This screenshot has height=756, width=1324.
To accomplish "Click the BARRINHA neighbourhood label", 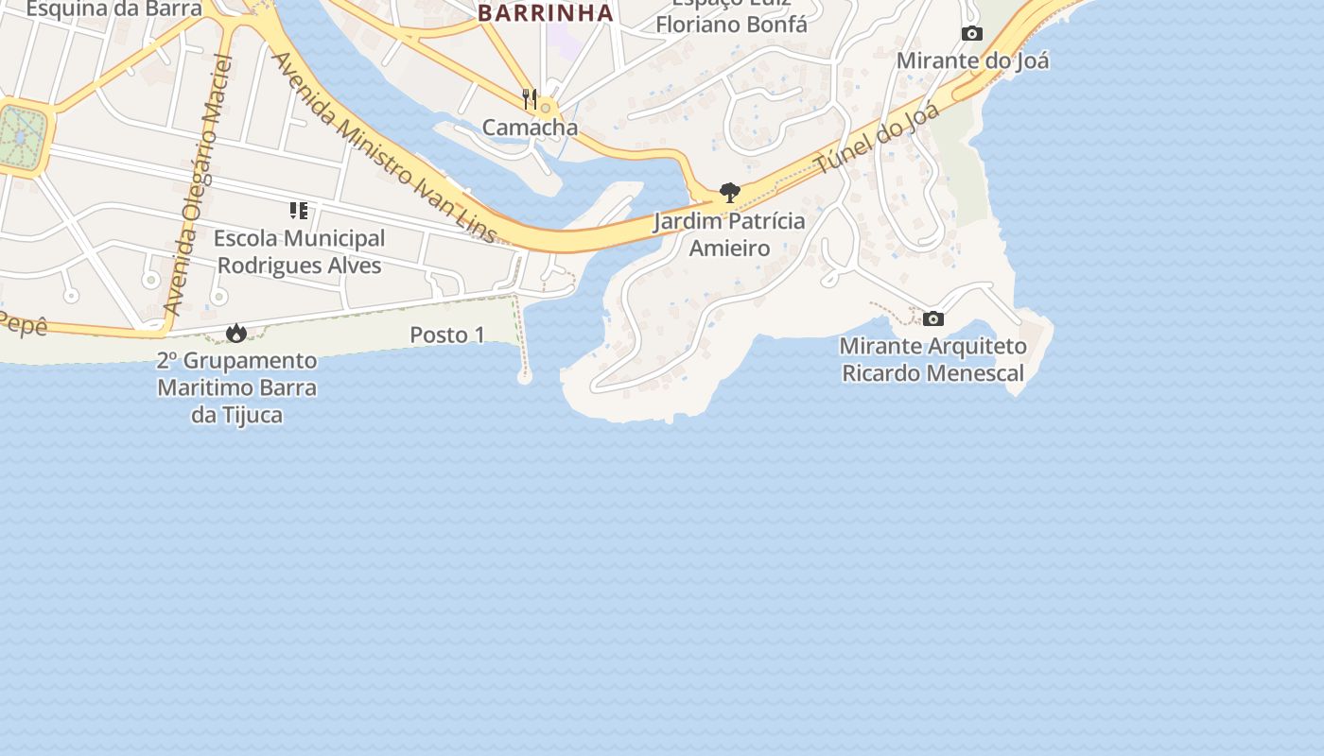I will click(x=546, y=13).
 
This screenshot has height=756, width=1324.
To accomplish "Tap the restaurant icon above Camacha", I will click(x=530, y=98).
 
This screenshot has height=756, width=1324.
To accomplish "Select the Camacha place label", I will click(x=530, y=127).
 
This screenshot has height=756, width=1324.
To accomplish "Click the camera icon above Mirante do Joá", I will click(x=971, y=34).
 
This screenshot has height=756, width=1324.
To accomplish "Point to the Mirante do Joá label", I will click(x=972, y=60).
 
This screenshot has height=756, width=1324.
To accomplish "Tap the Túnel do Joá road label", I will click(x=878, y=139).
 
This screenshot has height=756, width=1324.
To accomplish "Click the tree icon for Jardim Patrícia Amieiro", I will click(x=729, y=194).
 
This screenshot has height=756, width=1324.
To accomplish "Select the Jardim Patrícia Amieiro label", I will click(x=729, y=234).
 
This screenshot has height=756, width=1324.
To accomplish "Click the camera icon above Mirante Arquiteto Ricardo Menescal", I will click(x=932, y=318).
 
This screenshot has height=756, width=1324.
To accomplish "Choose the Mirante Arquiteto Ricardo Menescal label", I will click(x=932, y=359).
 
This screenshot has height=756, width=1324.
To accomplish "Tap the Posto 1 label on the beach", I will click(x=446, y=335).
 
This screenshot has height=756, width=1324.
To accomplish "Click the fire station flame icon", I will click(x=235, y=333).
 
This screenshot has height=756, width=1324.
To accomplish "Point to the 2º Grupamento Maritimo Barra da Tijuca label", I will click(x=236, y=387).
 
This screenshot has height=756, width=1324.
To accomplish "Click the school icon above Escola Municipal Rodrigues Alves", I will click(x=299, y=211).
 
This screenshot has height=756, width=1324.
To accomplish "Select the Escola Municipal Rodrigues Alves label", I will click(x=300, y=251).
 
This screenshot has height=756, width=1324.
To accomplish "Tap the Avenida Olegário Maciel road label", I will click(x=198, y=185).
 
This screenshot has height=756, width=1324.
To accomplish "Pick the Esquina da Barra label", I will click(x=113, y=9).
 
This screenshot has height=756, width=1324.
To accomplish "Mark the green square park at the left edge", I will click(x=21, y=138).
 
